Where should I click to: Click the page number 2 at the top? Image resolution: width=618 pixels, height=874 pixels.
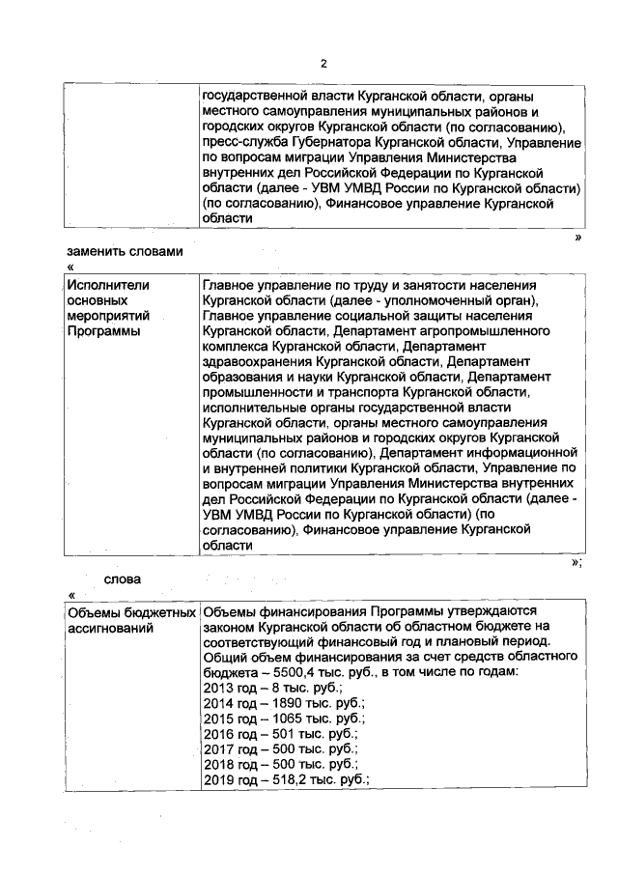[323, 64]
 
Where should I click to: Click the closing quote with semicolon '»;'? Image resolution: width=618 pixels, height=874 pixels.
[576, 562]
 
